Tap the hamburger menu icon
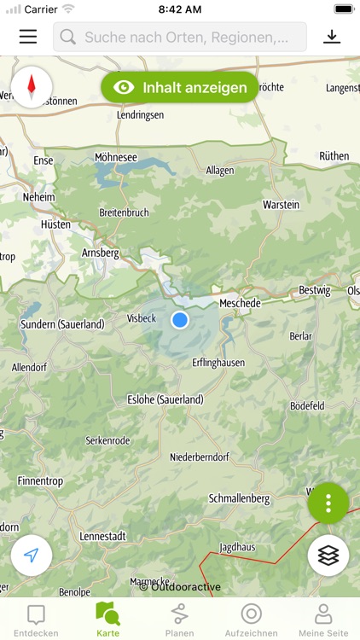[28, 37]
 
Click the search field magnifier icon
[68, 38]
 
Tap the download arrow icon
[332, 37]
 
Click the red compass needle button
[32, 86]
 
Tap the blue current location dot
[179, 320]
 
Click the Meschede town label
[240, 303]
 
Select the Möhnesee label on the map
[116, 158]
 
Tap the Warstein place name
[282, 206]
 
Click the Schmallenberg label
[239, 498]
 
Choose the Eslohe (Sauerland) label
[165, 399]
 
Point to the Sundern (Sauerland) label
[62, 324]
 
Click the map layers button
[328, 556]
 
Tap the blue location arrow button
[32, 556]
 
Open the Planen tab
[179, 620]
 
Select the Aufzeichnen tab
[251, 620]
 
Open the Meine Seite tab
[323, 620]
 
